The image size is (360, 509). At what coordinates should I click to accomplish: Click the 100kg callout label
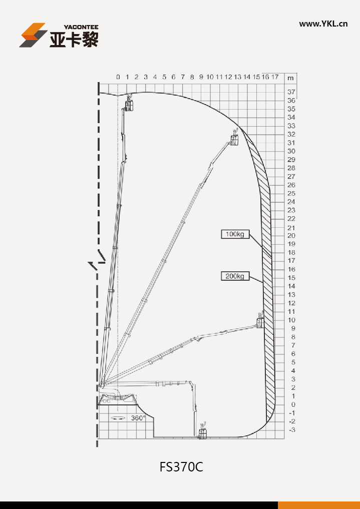235,234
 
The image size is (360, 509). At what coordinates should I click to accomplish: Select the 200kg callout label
235,276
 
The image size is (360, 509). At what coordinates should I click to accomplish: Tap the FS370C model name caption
181,467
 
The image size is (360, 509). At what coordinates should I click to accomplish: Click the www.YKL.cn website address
323,24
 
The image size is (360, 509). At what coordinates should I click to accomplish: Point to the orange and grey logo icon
33,35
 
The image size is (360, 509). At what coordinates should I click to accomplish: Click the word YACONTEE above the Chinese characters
81,27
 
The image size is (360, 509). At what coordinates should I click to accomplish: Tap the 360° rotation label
138,418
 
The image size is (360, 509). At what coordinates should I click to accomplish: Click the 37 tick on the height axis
291,92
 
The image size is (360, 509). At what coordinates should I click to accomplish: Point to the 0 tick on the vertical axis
293,404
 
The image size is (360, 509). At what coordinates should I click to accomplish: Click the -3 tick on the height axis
292,430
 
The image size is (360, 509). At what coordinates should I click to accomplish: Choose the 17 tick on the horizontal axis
275,77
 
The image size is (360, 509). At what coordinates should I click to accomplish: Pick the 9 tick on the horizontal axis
201,77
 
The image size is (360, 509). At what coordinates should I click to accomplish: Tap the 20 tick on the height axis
291,235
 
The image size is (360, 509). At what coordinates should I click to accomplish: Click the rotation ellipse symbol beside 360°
118,418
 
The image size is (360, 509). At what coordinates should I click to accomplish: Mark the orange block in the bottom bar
319,505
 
